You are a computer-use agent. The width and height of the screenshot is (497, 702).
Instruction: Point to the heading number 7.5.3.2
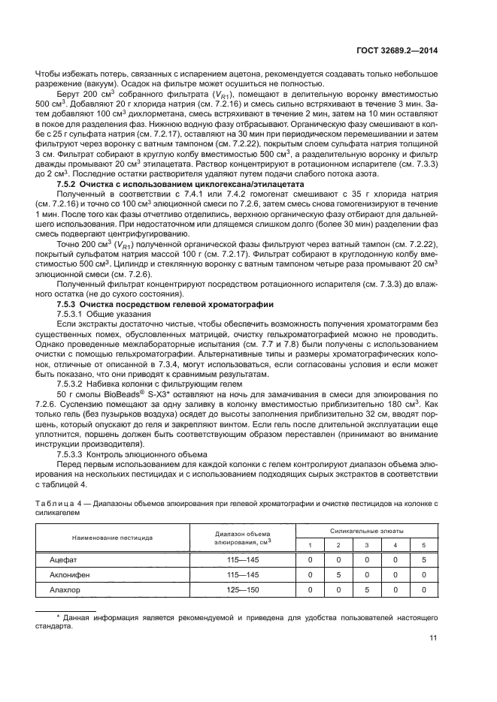tap(73, 382)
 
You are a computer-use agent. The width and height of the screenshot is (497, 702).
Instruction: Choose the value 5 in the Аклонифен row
tap(338, 574)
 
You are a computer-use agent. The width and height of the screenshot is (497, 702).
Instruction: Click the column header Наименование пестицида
tap(102, 538)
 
